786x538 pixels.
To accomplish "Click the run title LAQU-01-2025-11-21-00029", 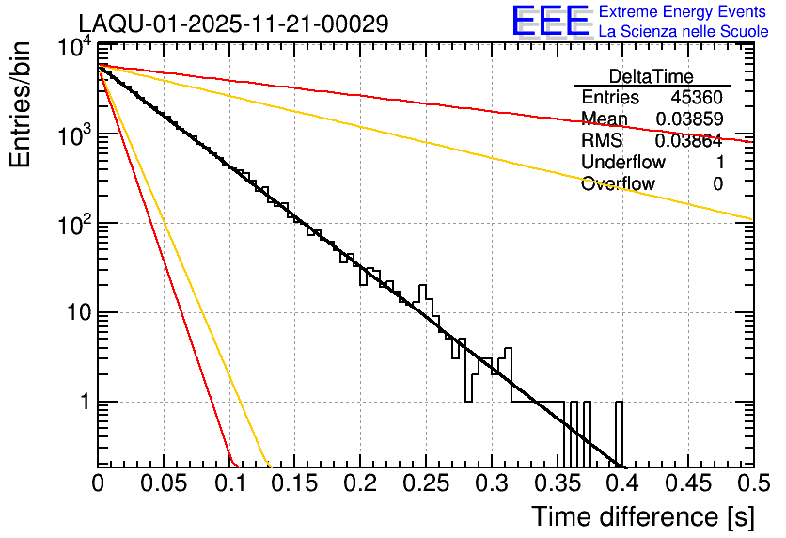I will pos(233,24).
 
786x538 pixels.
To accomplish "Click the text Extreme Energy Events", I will pos(683,12).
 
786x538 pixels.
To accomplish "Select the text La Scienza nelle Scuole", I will pos(684,32).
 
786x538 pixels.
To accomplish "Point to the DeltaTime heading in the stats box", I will pos(651,76).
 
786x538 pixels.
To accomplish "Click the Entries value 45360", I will pos(696,98).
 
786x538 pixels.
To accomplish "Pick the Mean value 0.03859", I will pos(688,119).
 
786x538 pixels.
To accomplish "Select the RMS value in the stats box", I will pos(688,141).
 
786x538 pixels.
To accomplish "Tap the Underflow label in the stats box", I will pos(622,163).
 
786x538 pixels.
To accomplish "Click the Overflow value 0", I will pos(717,184).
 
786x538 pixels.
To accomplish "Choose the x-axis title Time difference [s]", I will pos(642,516).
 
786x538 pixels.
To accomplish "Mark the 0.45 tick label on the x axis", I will pos(687,483).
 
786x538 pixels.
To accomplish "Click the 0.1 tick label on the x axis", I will pos(229,483).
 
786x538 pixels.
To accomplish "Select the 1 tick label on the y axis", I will pos(83,402).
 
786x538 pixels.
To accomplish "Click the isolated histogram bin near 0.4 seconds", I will pos(620,433).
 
